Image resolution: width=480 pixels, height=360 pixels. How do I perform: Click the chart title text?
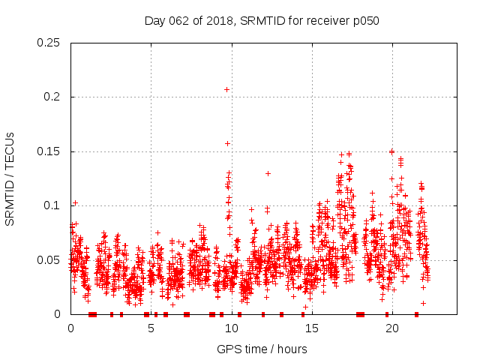[262, 21]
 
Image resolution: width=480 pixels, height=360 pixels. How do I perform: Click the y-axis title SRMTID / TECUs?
[10, 179]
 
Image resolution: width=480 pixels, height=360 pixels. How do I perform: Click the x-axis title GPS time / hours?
[262, 349]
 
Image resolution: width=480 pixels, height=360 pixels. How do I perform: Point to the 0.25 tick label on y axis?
[50, 43]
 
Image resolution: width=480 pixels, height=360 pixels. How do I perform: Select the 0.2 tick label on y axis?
[54, 97]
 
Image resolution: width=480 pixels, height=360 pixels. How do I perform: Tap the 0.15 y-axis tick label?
[50, 151]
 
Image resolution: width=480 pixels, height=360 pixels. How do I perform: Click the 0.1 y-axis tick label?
[54, 206]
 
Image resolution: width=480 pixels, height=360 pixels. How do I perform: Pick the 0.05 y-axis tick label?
[50, 260]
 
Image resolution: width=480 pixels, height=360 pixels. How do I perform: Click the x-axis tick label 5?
[151, 328]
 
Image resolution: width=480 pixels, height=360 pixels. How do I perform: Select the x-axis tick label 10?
[231, 328]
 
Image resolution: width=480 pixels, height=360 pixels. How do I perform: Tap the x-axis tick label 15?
[311, 328]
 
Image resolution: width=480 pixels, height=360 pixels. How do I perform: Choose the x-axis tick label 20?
[391, 328]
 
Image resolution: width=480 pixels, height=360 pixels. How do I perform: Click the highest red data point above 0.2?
[226, 89]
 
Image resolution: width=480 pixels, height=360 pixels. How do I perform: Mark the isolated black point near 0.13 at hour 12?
[268, 173]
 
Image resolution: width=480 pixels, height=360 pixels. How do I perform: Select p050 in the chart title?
[366, 21]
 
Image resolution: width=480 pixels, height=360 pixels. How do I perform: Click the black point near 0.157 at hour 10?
[227, 143]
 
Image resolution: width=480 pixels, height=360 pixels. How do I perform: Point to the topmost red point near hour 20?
[391, 151]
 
